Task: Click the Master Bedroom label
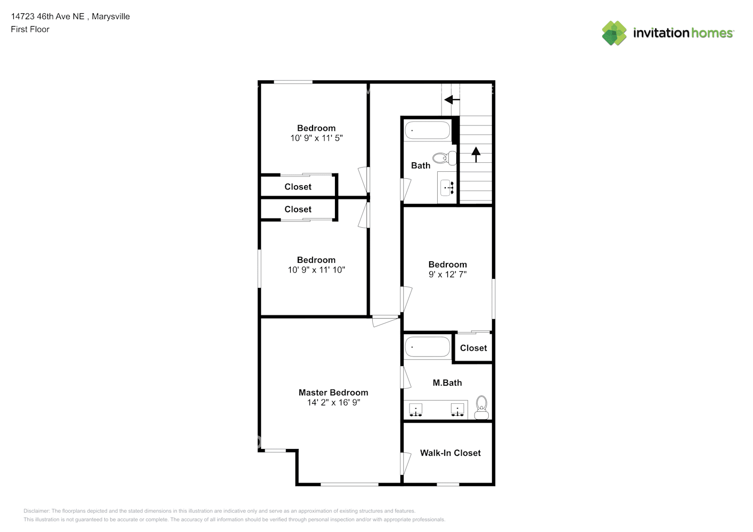pyautogui.click(x=333, y=392)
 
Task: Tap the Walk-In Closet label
pyautogui.click(x=450, y=453)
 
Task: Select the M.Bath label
pyautogui.click(x=447, y=383)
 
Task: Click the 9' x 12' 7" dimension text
pyautogui.click(x=447, y=275)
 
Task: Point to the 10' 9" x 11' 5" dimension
pyautogui.click(x=316, y=138)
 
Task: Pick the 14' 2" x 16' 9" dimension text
pyautogui.click(x=333, y=402)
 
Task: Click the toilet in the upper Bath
pyautogui.click(x=445, y=158)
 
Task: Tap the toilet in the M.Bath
pyautogui.click(x=481, y=407)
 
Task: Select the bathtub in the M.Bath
pyautogui.click(x=427, y=347)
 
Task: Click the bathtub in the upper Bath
pyautogui.click(x=427, y=130)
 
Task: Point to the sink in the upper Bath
pyautogui.click(x=447, y=187)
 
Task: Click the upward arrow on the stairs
pyautogui.click(x=476, y=155)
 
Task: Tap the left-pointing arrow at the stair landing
pyautogui.click(x=452, y=100)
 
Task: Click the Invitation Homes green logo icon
pyautogui.click(x=614, y=33)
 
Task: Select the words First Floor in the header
pyautogui.click(x=30, y=29)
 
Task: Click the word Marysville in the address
pyautogui.click(x=111, y=16)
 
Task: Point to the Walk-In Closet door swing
pyautogui.click(x=406, y=463)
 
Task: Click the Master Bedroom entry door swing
pyautogui.click(x=385, y=321)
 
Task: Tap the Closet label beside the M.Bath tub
pyautogui.click(x=473, y=348)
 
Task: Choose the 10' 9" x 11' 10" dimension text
pyautogui.click(x=316, y=270)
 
